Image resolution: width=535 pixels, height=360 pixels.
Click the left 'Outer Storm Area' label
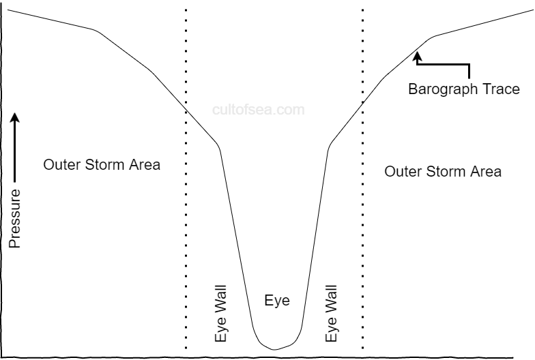click(x=102, y=165)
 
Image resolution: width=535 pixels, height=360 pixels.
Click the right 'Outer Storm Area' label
click(x=443, y=171)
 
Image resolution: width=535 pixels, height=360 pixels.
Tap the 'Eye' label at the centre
click(x=276, y=301)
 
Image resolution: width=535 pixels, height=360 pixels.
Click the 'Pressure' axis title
click(x=14, y=218)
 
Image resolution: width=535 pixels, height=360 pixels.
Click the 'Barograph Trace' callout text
click(x=463, y=89)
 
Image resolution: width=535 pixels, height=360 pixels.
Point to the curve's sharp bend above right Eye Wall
click(x=330, y=144)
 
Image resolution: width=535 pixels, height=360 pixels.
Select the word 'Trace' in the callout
click(x=502, y=89)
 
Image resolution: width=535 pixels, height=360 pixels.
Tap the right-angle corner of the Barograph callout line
click(x=469, y=65)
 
